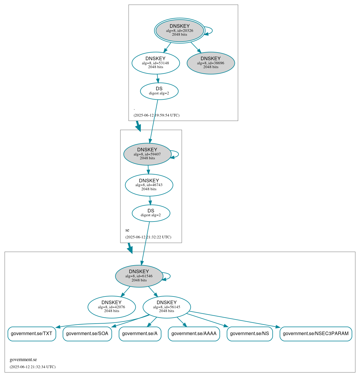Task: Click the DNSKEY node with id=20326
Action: coord(179,30)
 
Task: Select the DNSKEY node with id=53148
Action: coord(156,63)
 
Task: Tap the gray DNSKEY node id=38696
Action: coord(211,63)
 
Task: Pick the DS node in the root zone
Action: coord(159,91)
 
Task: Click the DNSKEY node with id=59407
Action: coord(147,154)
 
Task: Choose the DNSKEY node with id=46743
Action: coord(149,185)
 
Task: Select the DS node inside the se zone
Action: coord(151,213)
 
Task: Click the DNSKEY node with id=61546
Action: coord(139,276)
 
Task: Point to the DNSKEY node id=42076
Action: coord(112,307)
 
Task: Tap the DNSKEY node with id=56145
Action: coord(166,307)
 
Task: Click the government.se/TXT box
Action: coord(32,334)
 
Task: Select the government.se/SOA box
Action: coord(87,334)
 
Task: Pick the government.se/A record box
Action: coord(140,334)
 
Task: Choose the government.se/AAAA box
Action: coord(194,334)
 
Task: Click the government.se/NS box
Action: coord(250,334)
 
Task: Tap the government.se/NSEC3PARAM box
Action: coord(316,334)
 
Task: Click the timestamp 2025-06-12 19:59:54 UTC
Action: coord(156,115)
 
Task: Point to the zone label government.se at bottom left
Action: coord(23,360)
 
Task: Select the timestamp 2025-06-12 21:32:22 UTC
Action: coord(148,237)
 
